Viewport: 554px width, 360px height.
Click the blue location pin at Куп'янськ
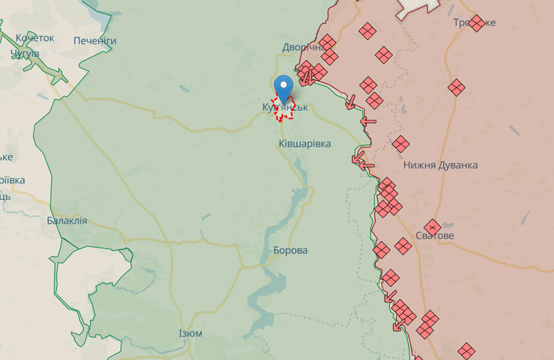click(283, 87)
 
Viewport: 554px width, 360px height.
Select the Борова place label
click(290, 250)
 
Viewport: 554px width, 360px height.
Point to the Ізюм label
click(190, 333)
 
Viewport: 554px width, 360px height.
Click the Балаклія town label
click(67, 221)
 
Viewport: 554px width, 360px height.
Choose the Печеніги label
click(95, 40)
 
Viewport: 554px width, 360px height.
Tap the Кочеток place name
click(34, 37)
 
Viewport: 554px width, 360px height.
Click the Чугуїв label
click(25, 53)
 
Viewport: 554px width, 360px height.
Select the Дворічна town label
click(302, 47)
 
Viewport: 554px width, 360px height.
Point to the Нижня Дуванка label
click(439, 165)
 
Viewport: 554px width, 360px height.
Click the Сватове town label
click(435, 236)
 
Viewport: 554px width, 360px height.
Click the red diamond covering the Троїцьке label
click(476, 23)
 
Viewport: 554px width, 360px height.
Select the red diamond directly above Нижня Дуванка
click(401, 144)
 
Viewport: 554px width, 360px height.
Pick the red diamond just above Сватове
click(432, 227)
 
